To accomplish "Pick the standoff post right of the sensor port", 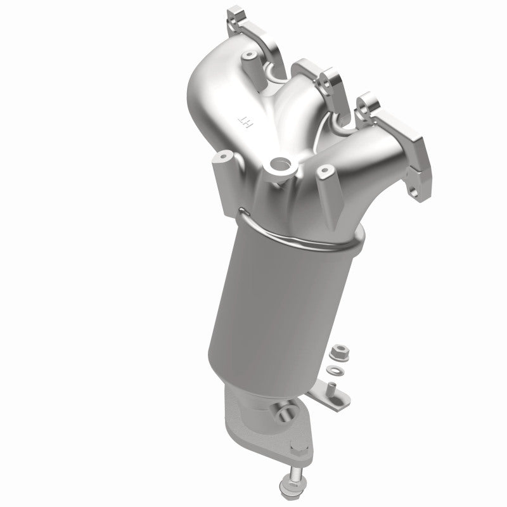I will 324,176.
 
